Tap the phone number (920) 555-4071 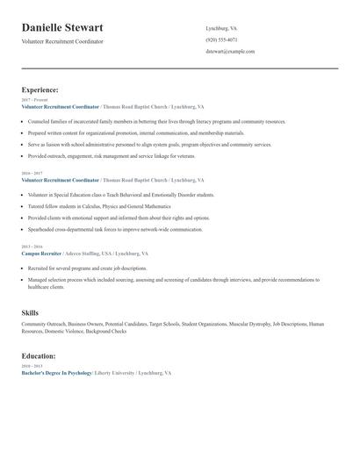pyautogui.click(x=221, y=39)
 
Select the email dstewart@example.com pyautogui.click(x=230, y=52)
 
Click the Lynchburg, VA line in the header pyautogui.click(x=221, y=28)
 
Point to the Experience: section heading pyautogui.click(x=40, y=89)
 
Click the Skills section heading pyautogui.click(x=31, y=312)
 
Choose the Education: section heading pyautogui.click(x=39, y=356)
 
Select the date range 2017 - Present pyautogui.click(x=34, y=100)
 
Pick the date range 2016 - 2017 pyautogui.click(x=32, y=174)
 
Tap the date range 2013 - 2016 pyautogui.click(x=32, y=247)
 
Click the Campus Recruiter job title pyautogui.click(x=42, y=253)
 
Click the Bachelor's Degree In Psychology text pyautogui.click(x=56, y=373)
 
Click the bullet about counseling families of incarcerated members pyautogui.click(x=156, y=121)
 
